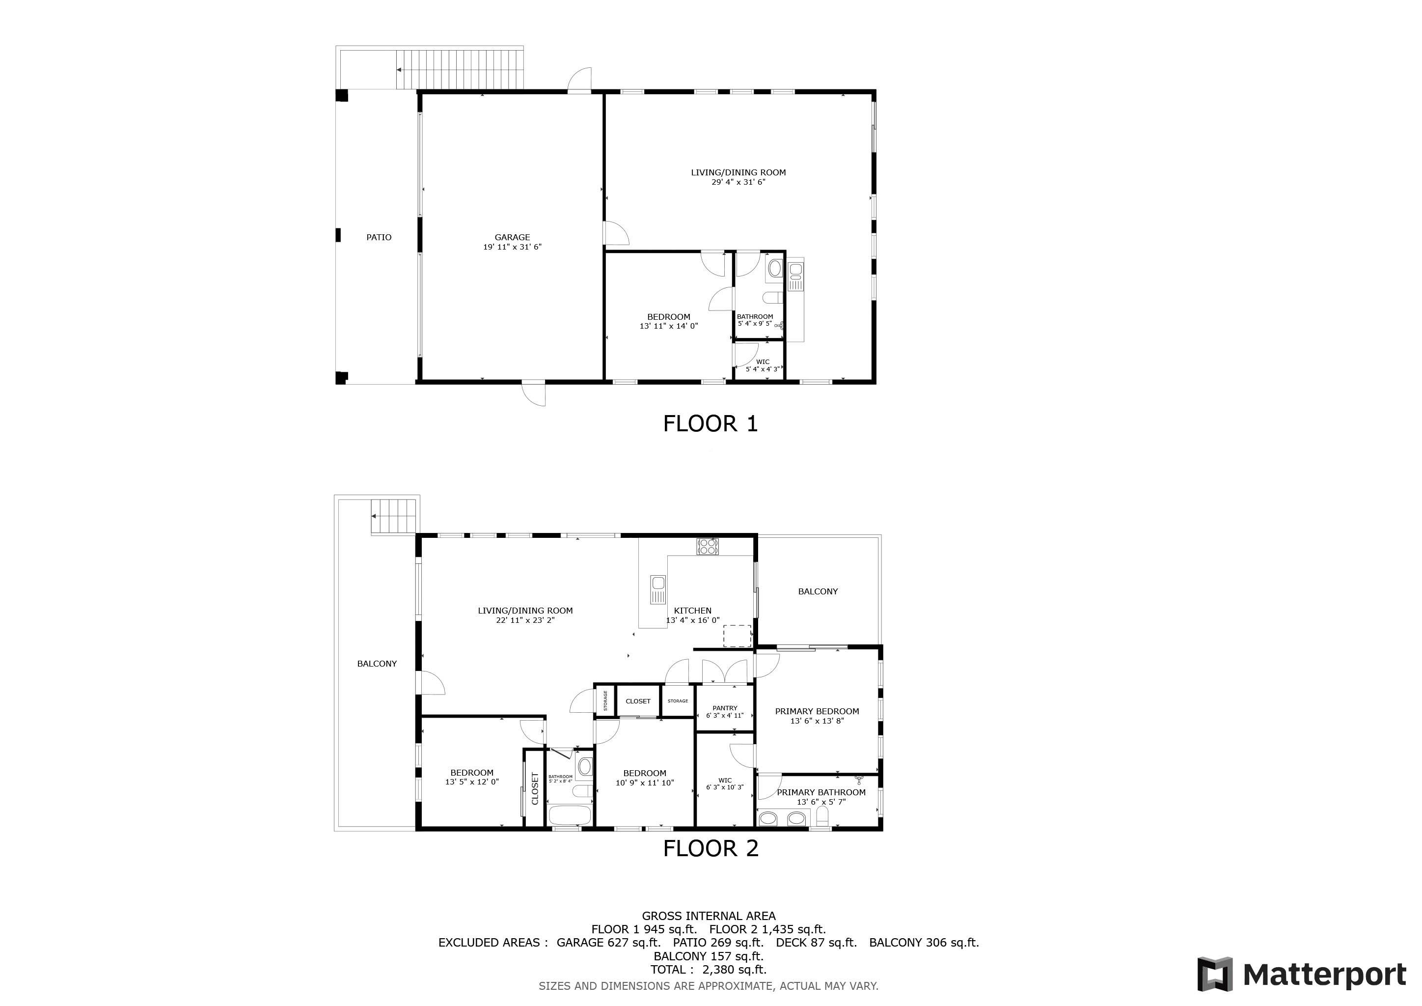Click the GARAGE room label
(512, 237)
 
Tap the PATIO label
(379, 237)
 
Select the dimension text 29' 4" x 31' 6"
(738, 182)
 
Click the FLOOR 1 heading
(711, 424)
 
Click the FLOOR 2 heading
(711, 848)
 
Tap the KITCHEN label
(692, 610)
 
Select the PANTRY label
(725, 707)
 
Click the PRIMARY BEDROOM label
(817, 711)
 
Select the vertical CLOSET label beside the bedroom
(535, 788)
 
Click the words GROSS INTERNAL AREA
(709, 916)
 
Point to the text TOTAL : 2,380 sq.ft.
(709, 970)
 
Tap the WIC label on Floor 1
(763, 362)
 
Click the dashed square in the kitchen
(737, 636)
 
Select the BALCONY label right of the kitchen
(818, 591)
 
